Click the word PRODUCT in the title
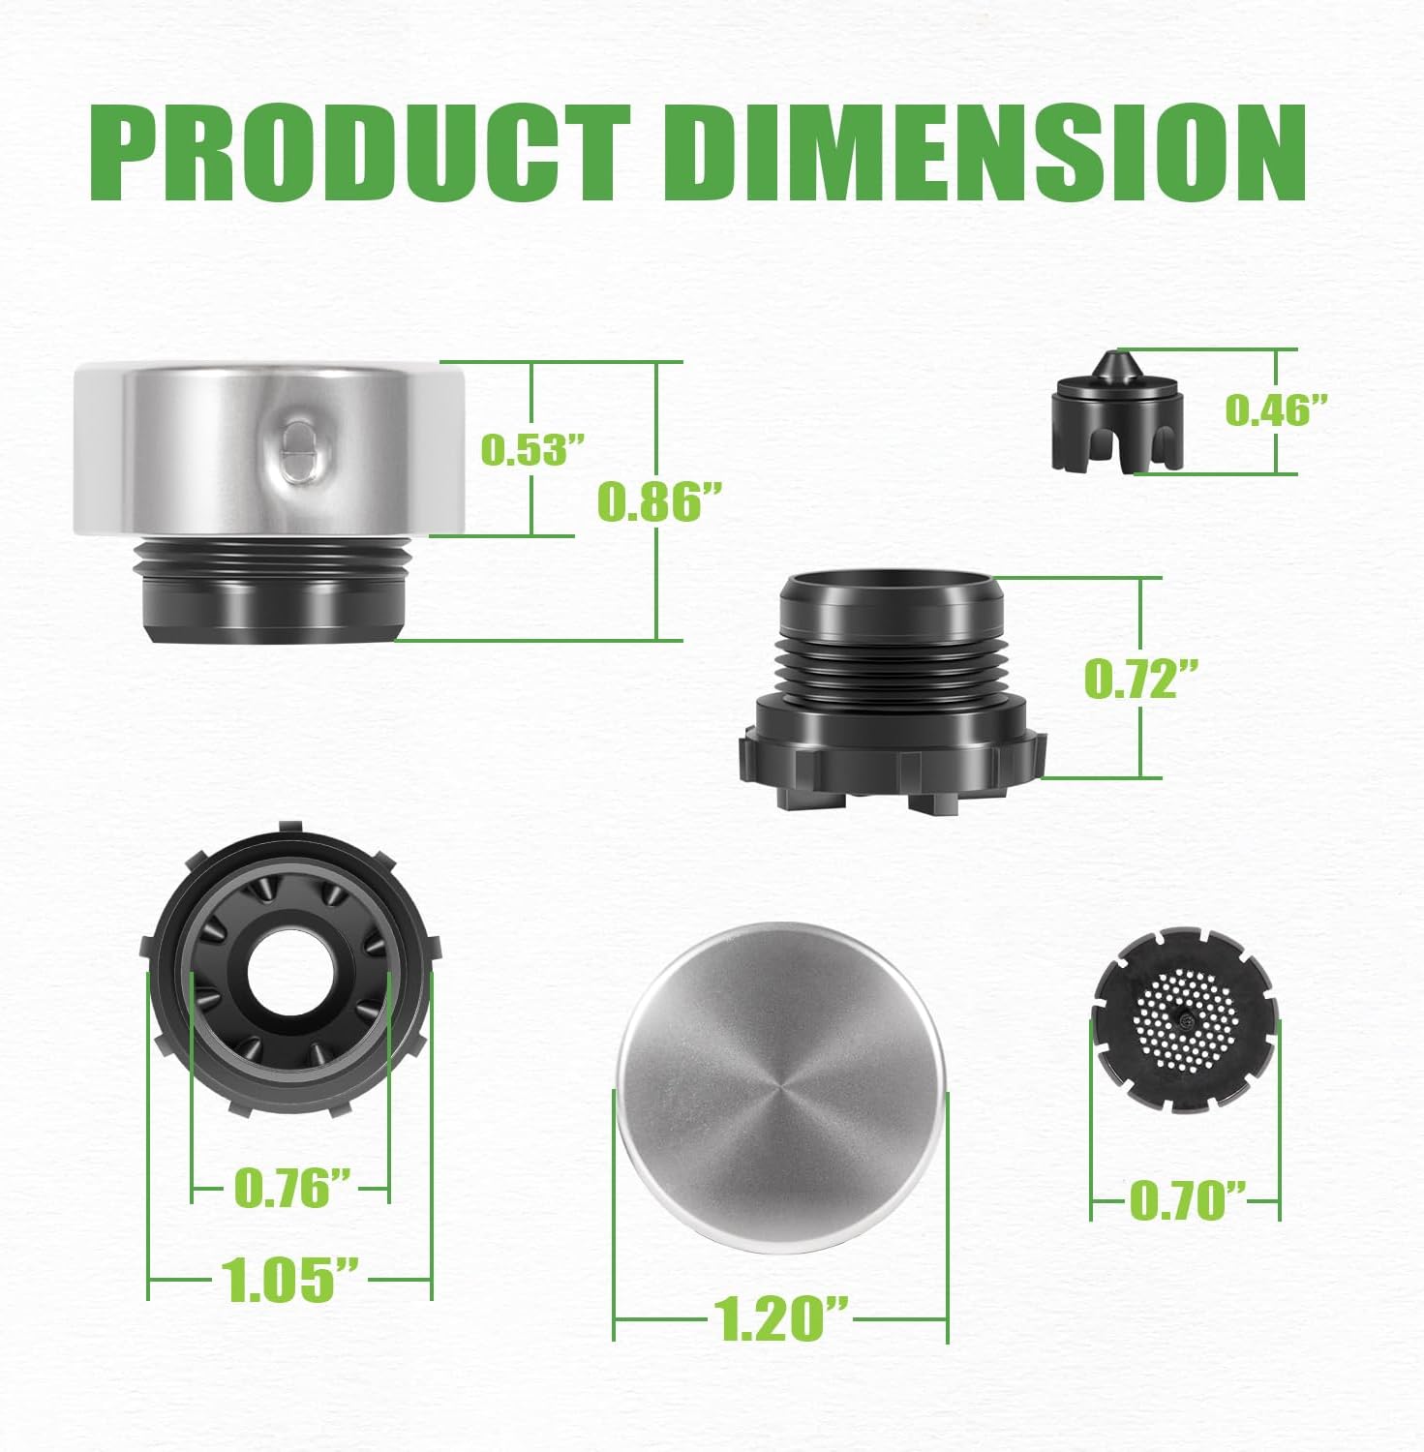pyautogui.click(x=362, y=153)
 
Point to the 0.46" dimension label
pyautogui.click(x=1274, y=410)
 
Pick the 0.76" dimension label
pyautogui.click(x=292, y=1187)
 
